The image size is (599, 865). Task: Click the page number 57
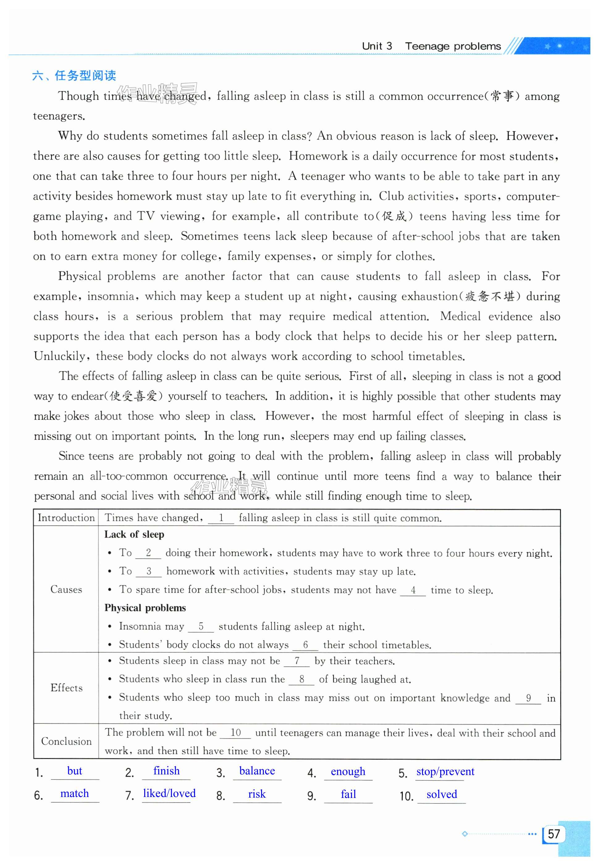click(x=554, y=834)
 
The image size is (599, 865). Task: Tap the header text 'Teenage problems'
click(x=453, y=46)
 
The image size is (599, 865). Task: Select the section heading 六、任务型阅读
click(x=74, y=75)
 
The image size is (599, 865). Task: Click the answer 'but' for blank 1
click(x=74, y=771)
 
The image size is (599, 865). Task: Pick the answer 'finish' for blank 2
click(x=166, y=771)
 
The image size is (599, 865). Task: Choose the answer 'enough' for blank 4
click(x=348, y=771)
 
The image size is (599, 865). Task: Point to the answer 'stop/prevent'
click(x=445, y=771)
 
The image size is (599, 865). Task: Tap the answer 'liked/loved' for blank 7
click(x=169, y=793)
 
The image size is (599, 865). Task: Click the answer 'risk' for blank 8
click(x=257, y=794)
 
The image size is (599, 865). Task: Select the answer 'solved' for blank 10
click(x=441, y=795)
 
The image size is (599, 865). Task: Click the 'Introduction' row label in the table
click(x=66, y=518)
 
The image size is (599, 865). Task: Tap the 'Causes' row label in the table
click(x=66, y=589)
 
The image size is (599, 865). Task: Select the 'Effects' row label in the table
click(x=66, y=688)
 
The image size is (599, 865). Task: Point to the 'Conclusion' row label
click(x=66, y=741)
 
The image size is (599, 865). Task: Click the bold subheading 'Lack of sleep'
click(x=134, y=535)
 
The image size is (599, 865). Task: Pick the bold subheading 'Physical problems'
click(x=145, y=608)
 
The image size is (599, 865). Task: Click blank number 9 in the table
click(x=528, y=698)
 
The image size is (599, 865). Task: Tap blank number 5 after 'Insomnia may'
click(x=201, y=626)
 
